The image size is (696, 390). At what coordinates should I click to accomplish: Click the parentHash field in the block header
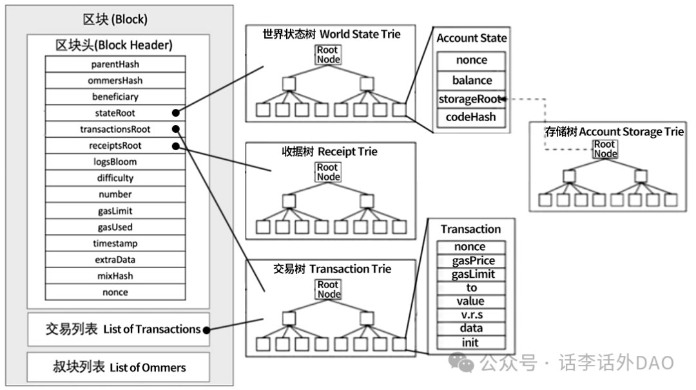pos(115,64)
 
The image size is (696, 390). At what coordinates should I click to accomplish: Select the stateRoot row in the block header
pos(115,113)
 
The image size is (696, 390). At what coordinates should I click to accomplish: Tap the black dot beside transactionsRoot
pos(176,130)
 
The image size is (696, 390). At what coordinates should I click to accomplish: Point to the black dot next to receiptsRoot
pos(176,146)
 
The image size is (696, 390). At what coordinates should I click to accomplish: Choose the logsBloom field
pos(115,162)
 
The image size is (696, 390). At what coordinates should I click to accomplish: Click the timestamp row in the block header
pos(115,244)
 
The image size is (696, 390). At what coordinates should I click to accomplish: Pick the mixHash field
pos(115,276)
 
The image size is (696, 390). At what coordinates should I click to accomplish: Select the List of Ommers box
pos(118,367)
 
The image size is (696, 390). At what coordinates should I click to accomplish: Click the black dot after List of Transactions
pos(206,330)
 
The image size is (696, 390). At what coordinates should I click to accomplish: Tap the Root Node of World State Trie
pos(328,55)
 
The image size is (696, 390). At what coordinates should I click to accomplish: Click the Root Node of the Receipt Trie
pos(328,172)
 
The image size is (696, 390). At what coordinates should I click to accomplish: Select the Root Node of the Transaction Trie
pos(329,289)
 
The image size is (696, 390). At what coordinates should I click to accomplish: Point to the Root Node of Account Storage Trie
pos(605,149)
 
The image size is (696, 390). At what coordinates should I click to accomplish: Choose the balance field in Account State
pos(471,81)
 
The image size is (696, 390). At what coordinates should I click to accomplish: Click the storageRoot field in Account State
pos(471,99)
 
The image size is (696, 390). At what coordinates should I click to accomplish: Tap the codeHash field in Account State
pos(471,117)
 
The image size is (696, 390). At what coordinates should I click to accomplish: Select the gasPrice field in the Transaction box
pos(471,260)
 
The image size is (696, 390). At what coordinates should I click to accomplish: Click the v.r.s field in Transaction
pos(471,315)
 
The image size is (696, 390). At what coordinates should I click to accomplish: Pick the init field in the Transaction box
pos(471,342)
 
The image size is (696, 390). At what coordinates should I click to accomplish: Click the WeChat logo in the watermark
pos(461,362)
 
